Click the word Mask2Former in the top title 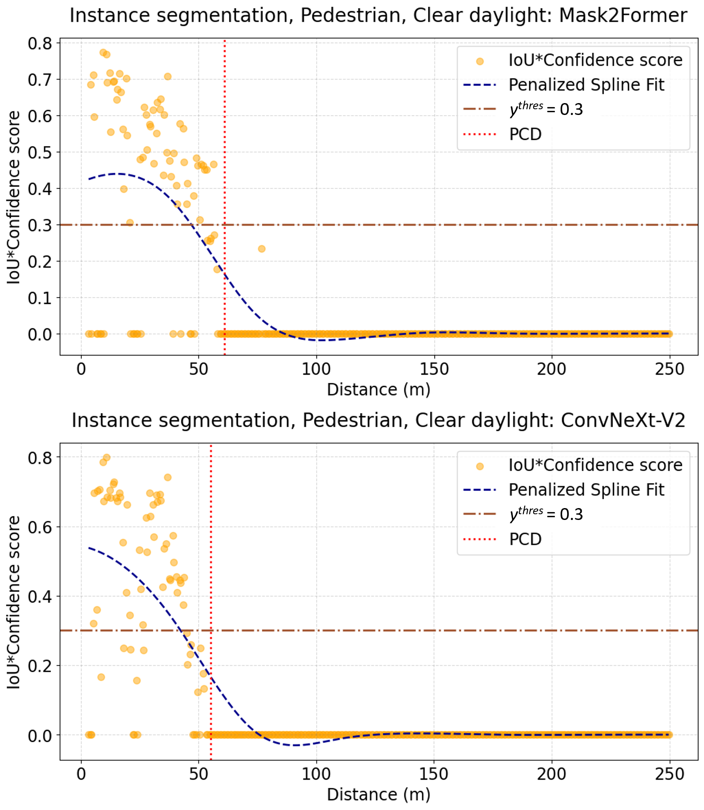point(623,16)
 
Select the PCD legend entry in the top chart point(525,134)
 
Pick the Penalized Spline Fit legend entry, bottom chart point(586,490)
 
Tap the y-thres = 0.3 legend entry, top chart point(546,109)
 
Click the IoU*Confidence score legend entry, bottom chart point(595,465)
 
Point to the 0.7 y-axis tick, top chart point(40,80)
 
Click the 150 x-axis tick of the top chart point(434,369)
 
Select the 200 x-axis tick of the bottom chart point(551,774)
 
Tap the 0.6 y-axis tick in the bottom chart point(40,527)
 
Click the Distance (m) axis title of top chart point(378,390)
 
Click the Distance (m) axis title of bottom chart point(378,794)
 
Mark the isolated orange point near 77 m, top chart point(262,249)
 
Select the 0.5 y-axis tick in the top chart point(40,153)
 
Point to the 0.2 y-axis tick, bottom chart point(40,666)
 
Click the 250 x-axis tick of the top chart point(669,369)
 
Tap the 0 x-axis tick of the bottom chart point(81,774)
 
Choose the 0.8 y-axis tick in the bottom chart point(40,458)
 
